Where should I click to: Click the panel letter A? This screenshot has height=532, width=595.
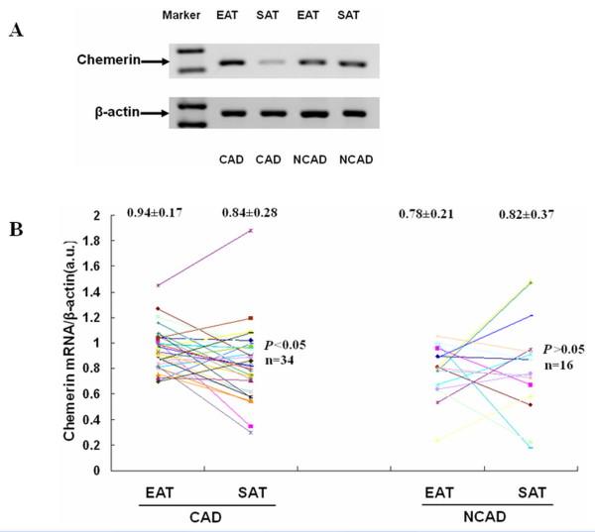13,30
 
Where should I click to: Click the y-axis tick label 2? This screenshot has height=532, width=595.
97,216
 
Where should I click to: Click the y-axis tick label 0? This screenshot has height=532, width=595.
97,470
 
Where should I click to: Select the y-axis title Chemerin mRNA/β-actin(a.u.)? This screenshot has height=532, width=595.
69,342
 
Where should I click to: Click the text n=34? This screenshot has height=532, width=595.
280,361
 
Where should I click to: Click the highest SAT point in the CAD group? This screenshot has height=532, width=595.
252,230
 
